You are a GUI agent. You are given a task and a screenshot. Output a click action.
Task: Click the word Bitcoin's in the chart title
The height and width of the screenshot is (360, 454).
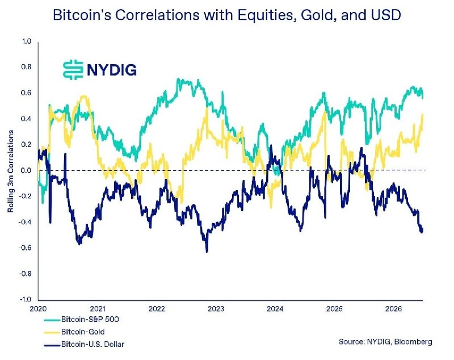click(x=82, y=15)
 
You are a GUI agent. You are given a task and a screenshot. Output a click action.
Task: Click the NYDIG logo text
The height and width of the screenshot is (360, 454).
click(x=111, y=70)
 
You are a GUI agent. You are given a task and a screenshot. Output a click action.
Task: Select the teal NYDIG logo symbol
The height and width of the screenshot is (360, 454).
click(x=73, y=70)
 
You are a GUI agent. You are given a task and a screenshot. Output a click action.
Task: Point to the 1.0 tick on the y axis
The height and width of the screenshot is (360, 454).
click(x=26, y=41)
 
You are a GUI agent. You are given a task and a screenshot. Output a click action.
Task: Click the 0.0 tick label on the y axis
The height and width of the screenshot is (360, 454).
click(x=26, y=170)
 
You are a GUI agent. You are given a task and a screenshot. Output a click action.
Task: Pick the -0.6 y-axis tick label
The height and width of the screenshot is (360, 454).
click(x=25, y=248)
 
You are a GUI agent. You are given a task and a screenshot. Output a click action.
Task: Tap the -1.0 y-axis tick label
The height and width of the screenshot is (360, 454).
click(x=25, y=299)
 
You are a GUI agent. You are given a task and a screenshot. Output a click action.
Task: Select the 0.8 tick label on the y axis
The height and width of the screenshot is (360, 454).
click(x=26, y=67)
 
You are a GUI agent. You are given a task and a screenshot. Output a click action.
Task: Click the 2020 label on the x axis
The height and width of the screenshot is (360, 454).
click(x=38, y=309)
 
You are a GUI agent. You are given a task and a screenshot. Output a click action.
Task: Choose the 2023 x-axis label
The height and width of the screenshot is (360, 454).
click(x=216, y=309)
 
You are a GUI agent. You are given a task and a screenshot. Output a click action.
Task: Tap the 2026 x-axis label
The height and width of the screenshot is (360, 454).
click(x=394, y=309)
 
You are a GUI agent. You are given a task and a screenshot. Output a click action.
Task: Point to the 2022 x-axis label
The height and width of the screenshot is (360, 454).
click(x=157, y=309)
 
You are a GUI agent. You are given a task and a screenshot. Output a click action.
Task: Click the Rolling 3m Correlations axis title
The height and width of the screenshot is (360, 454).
click(x=11, y=171)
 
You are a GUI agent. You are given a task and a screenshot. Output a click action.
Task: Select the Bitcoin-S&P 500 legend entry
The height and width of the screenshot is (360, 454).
click(x=81, y=320)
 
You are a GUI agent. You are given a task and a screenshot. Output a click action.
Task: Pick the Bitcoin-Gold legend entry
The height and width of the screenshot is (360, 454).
click(x=74, y=332)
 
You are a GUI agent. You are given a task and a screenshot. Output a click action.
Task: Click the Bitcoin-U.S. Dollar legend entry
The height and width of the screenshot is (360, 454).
click(x=84, y=344)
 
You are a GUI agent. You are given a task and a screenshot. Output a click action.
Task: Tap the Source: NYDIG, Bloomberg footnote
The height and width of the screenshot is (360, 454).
click(x=385, y=342)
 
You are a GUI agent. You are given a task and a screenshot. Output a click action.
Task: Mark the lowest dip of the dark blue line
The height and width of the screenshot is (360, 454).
click(x=207, y=252)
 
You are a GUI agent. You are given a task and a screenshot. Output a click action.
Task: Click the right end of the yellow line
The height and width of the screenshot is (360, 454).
click(x=423, y=115)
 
